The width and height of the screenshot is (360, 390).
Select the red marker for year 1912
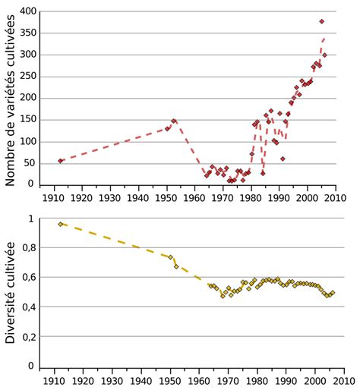[61, 161]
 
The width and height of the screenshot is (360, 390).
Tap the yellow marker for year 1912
[61, 225]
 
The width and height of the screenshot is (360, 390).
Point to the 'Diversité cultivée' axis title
[11, 292]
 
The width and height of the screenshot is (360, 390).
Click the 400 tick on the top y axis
[27, 12]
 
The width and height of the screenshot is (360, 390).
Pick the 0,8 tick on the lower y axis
[27, 247]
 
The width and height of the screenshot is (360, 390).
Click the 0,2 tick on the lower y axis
[27, 337]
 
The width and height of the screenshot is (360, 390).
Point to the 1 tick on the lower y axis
[31, 219]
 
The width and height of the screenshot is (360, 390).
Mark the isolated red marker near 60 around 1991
[283, 159]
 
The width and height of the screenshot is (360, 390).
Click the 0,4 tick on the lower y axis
[27, 307]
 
